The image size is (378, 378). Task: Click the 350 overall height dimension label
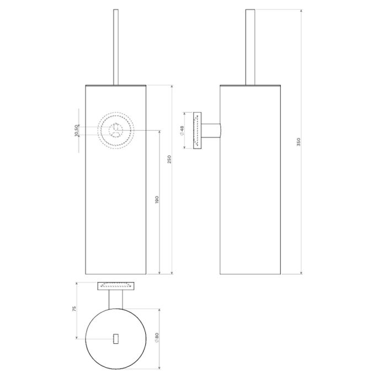pos(299,142)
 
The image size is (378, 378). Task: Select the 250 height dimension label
pos(170,159)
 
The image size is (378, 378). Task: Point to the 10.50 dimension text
pos(77,131)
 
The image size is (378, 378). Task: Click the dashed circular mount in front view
pos(115,130)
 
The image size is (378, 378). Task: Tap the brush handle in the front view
pos(115,47)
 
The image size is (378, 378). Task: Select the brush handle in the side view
pos(250,47)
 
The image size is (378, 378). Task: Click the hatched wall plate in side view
pos(197,130)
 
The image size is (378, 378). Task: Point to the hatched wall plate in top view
pos(115,285)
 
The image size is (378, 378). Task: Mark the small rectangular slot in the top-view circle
pos(115,338)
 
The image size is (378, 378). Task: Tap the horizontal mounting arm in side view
pos(211,131)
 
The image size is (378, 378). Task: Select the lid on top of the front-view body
pos(115,86)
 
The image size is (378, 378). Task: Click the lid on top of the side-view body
pos(250,86)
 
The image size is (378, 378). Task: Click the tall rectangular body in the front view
pos(115,221)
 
